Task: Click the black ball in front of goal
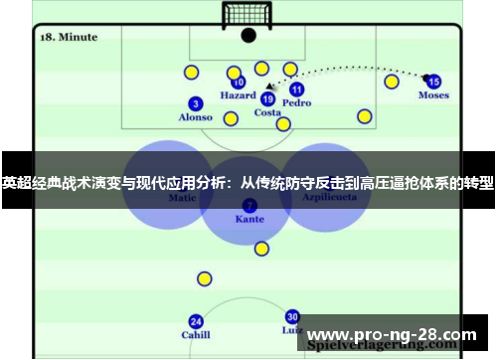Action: pos(248,35)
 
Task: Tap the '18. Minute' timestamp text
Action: pos(68,37)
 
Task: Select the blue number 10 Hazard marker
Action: pos(239,84)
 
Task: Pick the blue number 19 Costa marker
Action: pos(267,98)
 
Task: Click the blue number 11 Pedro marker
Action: pos(296,90)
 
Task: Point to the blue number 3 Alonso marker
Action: pos(195,103)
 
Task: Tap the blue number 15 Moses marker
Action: pos(433,82)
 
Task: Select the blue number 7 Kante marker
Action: pos(249,205)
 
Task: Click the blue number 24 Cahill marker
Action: pos(196,321)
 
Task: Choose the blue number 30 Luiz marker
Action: pos(292,316)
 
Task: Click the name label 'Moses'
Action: pos(433,95)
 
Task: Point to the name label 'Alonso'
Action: pos(195,117)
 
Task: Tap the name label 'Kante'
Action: pos(249,219)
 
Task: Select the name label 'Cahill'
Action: pos(196,335)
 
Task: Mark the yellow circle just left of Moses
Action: pos(392,81)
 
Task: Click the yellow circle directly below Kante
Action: pos(261,249)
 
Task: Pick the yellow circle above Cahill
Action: pos(204,279)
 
